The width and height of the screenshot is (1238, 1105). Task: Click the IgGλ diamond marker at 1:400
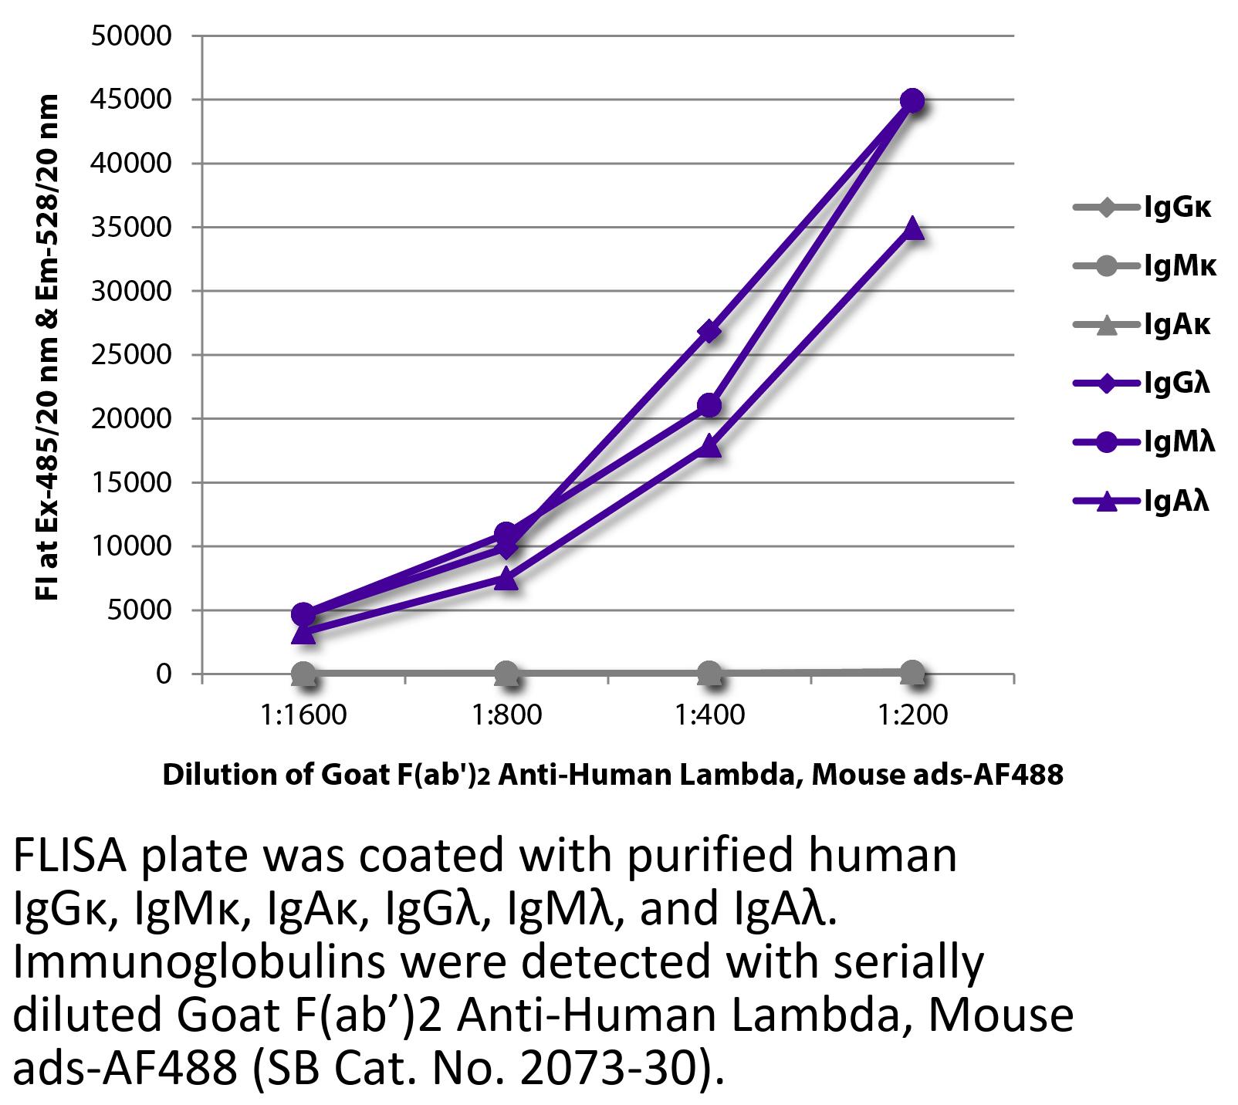click(x=709, y=332)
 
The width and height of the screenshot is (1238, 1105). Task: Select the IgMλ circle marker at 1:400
click(x=709, y=405)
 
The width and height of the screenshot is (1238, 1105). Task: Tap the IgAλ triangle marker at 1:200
click(x=912, y=228)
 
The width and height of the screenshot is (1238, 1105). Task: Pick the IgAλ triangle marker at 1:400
click(x=709, y=447)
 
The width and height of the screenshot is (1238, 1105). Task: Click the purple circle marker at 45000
click(x=912, y=100)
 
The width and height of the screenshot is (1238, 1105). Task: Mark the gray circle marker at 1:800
click(x=506, y=673)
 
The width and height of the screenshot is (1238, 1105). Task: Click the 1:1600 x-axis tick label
click(x=304, y=715)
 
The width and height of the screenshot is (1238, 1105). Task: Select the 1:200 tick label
click(x=912, y=715)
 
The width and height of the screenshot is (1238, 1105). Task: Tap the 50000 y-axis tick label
click(x=131, y=36)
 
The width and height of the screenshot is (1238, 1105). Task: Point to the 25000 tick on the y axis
click(x=131, y=355)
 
